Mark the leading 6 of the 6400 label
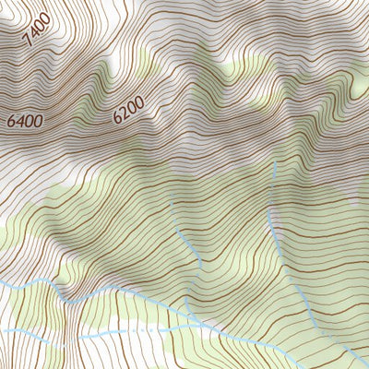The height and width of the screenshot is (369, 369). click(10, 122)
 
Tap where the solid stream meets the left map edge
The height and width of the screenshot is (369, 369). click(1, 283)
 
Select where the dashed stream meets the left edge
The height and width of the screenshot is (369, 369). click(1, 330)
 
